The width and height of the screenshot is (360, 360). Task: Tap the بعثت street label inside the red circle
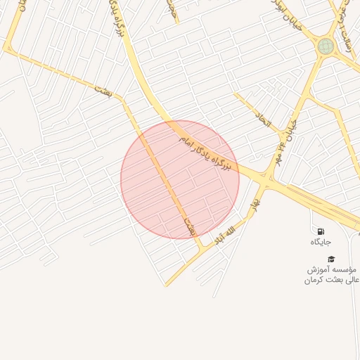click(x=188, y=225)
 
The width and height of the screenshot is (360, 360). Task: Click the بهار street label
click(x=254, y=205)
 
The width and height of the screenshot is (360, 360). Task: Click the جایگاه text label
click(x=321, y=242)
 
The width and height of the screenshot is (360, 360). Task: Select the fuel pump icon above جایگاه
click(x=321, y=231)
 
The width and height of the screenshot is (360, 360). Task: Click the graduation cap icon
click(x=331, y=259)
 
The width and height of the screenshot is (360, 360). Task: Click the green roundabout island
click(x=325, y=46)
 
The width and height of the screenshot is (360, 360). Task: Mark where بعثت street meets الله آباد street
click(x=202, y=246)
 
